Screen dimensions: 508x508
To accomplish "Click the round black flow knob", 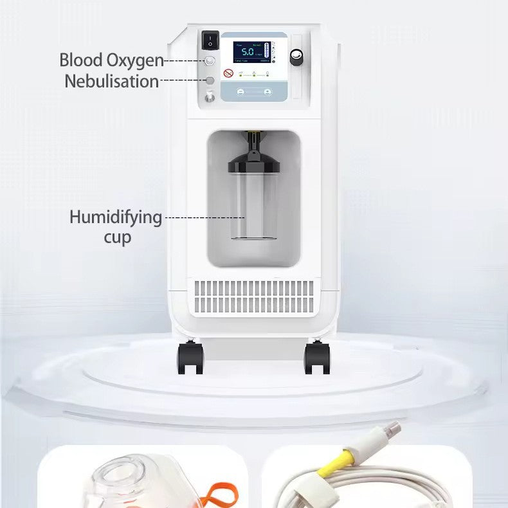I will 296,57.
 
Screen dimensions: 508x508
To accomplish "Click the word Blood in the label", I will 82,60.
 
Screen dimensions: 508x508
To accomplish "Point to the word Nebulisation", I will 111,82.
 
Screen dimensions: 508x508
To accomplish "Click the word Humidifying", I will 116,217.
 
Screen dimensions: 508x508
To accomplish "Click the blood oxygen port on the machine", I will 210,61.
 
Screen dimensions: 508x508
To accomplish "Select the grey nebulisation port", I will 210,81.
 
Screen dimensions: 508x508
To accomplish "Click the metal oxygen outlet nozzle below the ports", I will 210,98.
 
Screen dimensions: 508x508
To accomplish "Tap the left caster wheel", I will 191,358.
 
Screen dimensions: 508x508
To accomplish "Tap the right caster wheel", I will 317,358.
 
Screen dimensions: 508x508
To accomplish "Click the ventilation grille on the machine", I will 256,296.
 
